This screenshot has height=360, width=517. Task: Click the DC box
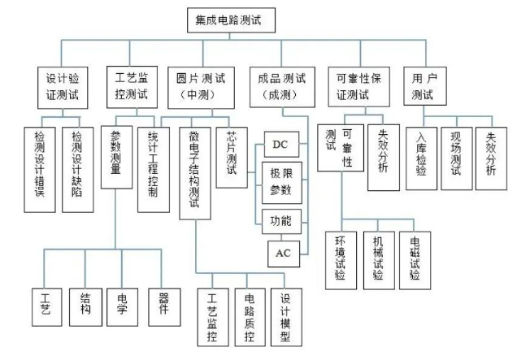(280, 145)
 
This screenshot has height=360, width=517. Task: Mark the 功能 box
(280, 220)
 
